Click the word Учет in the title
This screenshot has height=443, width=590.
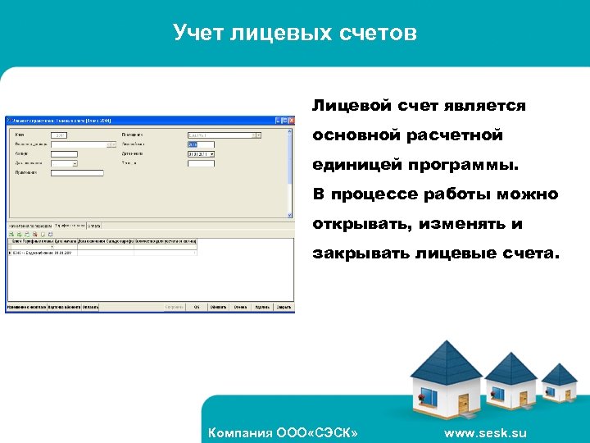coord(195,33)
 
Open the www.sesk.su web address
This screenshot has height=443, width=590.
coord(486,432)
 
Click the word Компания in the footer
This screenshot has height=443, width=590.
coord(240,432)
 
